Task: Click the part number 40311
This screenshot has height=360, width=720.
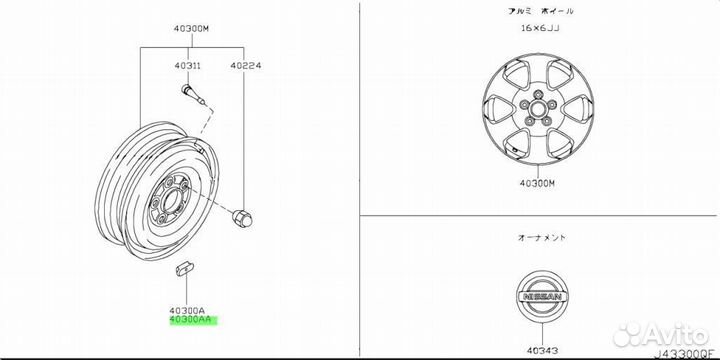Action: [187, 66]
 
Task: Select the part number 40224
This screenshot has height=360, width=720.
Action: [246, 66]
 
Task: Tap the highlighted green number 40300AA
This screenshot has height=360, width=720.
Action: [191, 320]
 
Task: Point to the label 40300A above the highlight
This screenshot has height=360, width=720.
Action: [188, 310]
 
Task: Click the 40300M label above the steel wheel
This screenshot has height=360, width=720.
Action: [191, 28]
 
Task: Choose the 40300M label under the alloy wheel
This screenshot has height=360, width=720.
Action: [537, 183]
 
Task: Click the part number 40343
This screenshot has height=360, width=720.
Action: [542, 351]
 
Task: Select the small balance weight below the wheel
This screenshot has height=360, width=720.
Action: [185, 269]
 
